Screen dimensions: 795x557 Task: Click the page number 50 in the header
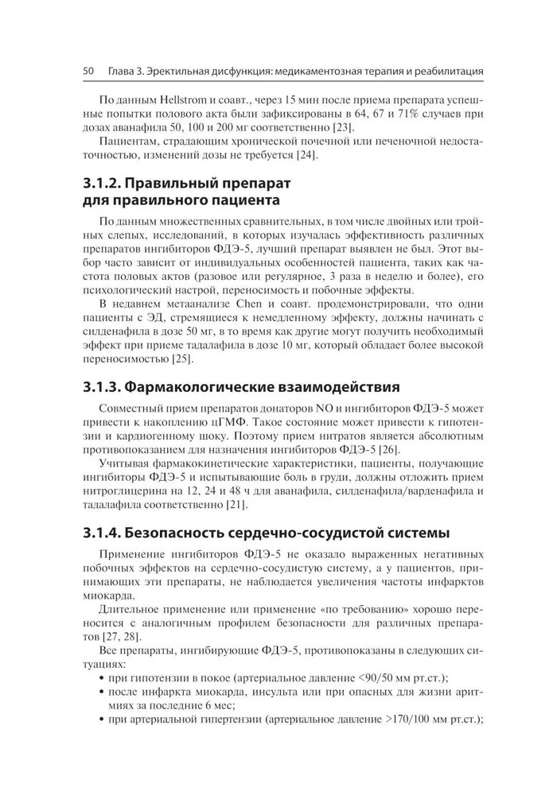[x=88, y=72]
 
